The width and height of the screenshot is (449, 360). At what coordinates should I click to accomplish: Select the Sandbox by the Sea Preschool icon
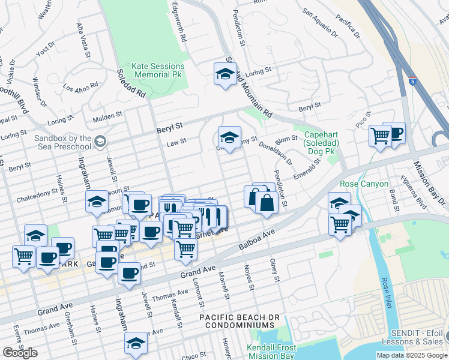click(100, 141)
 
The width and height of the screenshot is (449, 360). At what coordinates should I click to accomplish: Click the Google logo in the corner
click(20, 353)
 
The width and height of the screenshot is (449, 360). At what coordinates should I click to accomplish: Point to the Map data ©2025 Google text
click(412, 355)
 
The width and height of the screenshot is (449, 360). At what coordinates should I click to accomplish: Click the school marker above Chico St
click(136, 343)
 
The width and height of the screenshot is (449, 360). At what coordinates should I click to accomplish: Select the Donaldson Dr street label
click(276, 153)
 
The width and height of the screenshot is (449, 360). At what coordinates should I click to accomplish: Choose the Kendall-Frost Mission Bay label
click(271, 351)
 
